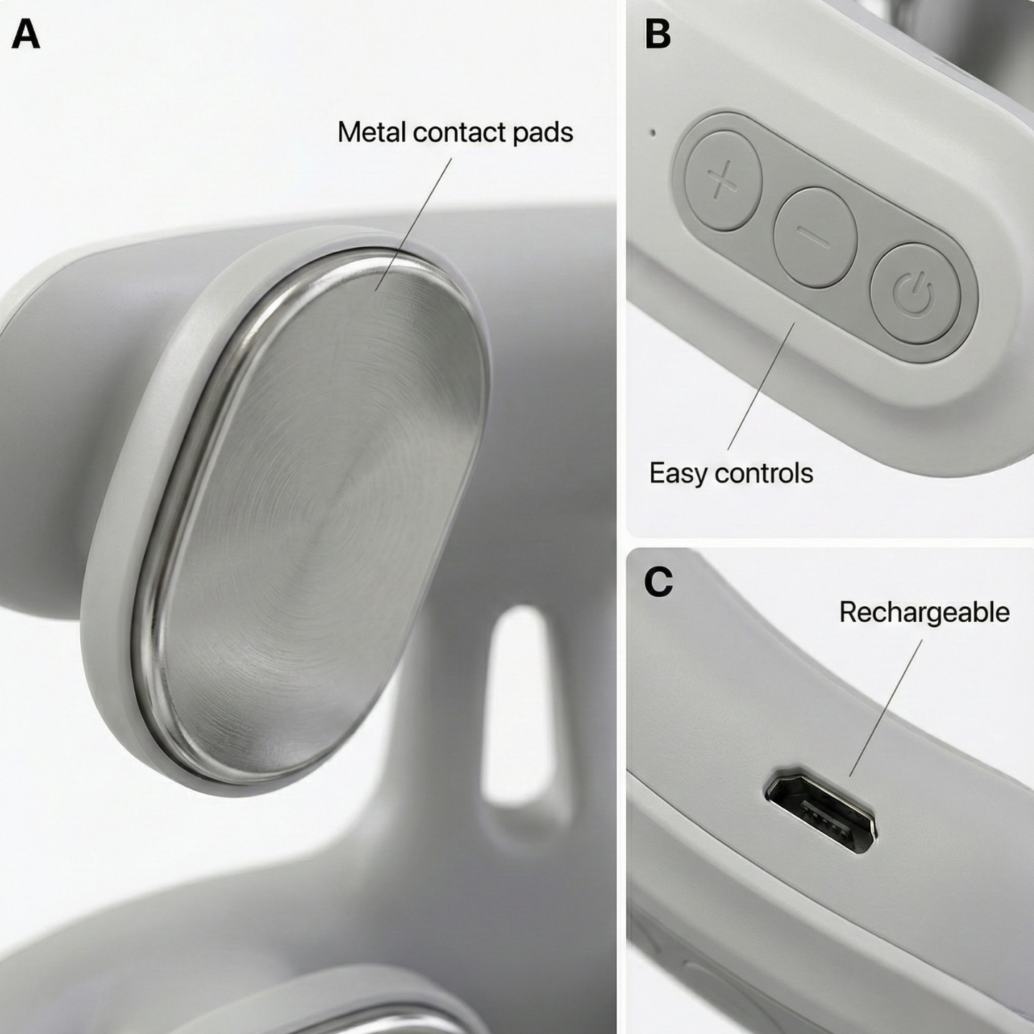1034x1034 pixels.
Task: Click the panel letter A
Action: point(26,34)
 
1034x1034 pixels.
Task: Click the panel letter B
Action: point(658,34)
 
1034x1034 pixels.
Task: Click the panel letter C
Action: point(658,582)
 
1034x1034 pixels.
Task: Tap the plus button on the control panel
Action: point(723,180)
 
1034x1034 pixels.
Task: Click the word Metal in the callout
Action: point(371,132)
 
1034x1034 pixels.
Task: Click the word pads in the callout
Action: point(542,132)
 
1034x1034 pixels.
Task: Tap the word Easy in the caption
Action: point(677,473)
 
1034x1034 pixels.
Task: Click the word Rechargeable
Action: point(924,613)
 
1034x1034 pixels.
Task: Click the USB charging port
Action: point(821,813)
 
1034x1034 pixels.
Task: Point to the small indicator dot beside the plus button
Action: point(651,132)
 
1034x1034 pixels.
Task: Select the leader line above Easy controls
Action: point(761,386)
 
